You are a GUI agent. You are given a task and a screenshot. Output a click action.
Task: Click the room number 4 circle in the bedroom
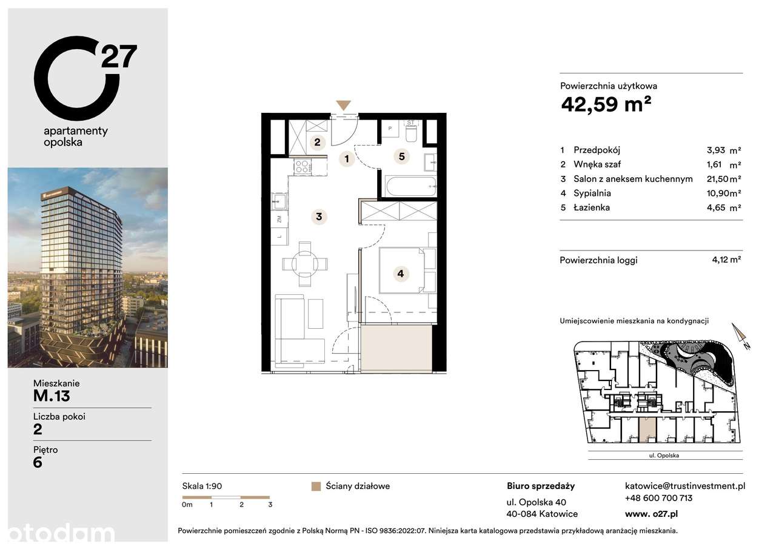click(x=400, y=274)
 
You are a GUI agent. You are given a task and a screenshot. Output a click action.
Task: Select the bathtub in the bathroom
click(x=410, y=186)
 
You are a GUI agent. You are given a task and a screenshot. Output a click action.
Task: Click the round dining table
click(x=304, y=263)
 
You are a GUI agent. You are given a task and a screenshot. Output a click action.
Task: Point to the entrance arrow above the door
click(x=343, y=104)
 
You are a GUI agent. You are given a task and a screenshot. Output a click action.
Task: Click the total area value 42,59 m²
click(x=606, y=104)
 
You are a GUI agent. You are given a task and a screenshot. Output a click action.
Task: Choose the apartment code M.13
click(x=52, y=396)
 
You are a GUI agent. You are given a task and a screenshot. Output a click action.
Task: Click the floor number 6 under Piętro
click(x=38, y=462)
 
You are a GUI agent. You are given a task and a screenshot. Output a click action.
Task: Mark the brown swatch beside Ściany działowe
click(x=316, y=486)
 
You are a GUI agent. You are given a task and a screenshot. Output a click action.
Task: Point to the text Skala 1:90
click(x=202, y=486)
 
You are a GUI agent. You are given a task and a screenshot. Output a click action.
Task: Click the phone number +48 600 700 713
click(x=658, y=498)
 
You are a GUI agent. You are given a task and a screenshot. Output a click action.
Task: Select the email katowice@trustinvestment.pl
click(x=684, y=485)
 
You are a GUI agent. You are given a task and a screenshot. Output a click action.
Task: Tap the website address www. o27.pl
click(x=651, y=513)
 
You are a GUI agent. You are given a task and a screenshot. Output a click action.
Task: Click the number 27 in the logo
click(x=119, y=56)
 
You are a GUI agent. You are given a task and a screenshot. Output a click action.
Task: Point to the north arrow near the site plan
click(x=740, y=336)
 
